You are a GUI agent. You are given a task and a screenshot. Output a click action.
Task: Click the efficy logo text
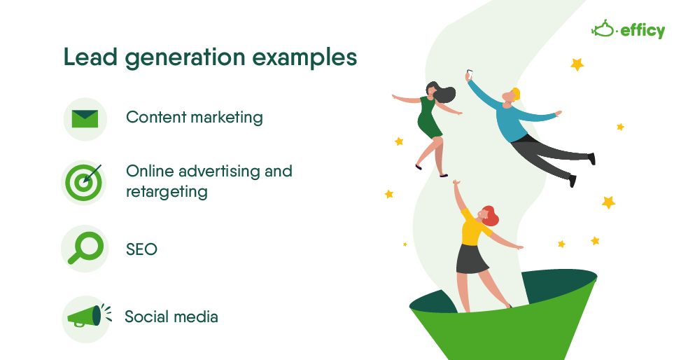[642, 31]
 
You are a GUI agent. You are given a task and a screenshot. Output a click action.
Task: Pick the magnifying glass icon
[85, 248]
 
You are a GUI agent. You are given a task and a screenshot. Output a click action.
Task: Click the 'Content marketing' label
[195, 117]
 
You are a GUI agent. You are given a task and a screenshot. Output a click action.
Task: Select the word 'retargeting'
[167, 191]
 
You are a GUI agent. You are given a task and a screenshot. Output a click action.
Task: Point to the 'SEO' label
[141, 249]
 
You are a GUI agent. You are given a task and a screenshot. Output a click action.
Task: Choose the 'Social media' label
[171, 317]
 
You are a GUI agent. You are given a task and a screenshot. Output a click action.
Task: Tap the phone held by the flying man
[469, 72]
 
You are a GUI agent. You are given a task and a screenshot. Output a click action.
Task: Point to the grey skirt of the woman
[472, 258]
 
